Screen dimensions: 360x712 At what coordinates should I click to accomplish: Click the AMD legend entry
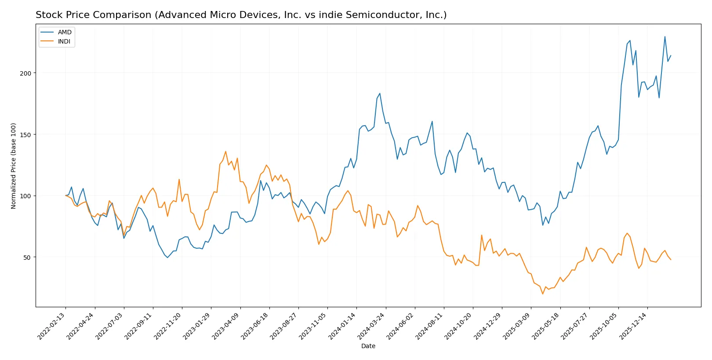[64, 32]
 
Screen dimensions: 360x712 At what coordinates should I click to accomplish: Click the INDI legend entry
[64, 41]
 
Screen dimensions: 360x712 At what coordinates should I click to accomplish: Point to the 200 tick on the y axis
[26, 73]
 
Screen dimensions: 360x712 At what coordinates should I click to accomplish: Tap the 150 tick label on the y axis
[26, 135]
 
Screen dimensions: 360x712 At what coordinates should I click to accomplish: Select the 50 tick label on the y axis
[27, 257]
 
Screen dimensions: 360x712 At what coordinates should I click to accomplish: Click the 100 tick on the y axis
[26, 196]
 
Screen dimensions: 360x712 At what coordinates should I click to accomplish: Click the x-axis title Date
[368, 346]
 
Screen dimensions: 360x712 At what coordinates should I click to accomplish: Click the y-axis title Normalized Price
[14, 166]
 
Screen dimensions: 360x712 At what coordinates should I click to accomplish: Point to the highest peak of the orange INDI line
[225, 152]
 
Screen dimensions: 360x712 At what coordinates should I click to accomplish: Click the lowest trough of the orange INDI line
[543, 294]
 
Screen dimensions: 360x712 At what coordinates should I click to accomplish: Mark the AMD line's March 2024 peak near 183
[380, 93]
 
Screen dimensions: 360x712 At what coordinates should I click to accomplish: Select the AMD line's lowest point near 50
[167, 258]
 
